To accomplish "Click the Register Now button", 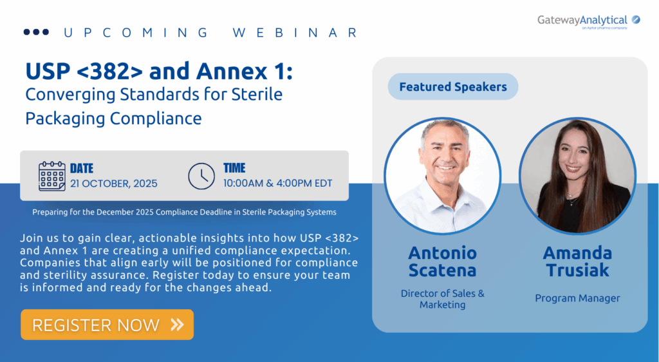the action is (x=107, y=325).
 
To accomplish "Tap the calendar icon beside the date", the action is (x=51, y=176).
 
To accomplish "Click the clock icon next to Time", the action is (x=201, y=176).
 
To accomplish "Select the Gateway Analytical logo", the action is (x=588, y=21).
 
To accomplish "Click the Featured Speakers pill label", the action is (x=452, y=86).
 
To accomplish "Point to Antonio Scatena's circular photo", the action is (x=443, y=176).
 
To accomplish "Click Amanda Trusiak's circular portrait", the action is (x=577, y=176).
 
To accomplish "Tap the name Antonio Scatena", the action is (x=443, y=262).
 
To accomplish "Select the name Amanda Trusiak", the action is (x=577, y=262).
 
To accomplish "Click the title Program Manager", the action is (x=577, y=298).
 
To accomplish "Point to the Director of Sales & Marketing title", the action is (x=443, y=299).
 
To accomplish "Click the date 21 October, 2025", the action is (x=113, y=184).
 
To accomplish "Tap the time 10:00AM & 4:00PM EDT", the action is (x=278, y=184).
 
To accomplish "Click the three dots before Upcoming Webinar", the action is (x=36, y=32).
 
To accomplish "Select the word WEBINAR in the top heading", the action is (x=295, y=33).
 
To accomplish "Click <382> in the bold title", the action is (x=110, y=71).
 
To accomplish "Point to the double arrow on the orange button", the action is (x=178, y=325).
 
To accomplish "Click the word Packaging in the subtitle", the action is (x=65, y=119).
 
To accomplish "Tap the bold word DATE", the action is (x=82, y=169).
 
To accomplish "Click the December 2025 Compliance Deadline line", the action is (x=185, y=213).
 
